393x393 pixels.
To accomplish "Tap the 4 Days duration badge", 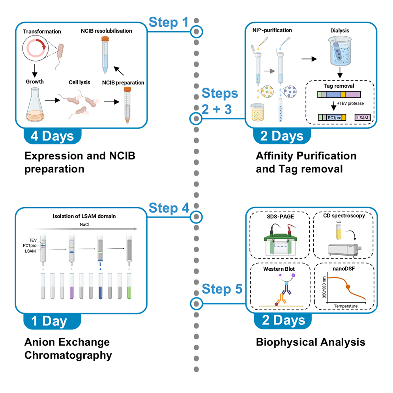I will (x=52, y=135).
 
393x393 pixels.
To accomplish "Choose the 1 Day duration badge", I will (x=49, y=321).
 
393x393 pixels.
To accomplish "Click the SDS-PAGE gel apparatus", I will (x=280, y=241).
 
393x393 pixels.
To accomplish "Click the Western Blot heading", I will (x=279, y=269).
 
